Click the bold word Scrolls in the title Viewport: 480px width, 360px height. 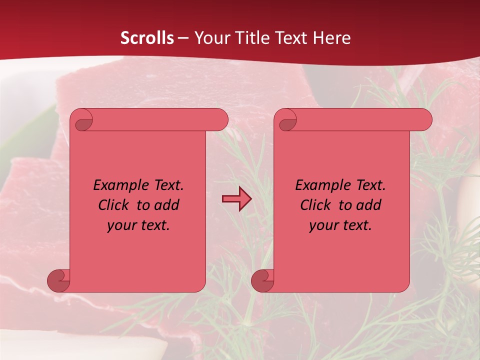pyautogui.click(x=147, y=38)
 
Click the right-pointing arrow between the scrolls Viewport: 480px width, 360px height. pyautogui.click(x=236, y=199)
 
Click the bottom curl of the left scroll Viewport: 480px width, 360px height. pyautogui.click(x=58, y=280)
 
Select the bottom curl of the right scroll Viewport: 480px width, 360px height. pyautogui.click(x=262, y=280)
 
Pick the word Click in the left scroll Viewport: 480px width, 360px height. pyautogui.click(x=114, y=205)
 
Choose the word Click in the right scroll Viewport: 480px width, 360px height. pyautogui.click(x=315, y=205)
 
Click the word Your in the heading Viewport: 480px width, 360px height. pyautogui.click(x=211, y=38)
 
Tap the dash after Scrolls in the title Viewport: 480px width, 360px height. pyautogui.click(x=183, y=38)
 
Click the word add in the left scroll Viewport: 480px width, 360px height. pyautogui.click(x=166, y=205)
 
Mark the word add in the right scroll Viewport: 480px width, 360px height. pyautogui.click(x=369, y=205)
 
